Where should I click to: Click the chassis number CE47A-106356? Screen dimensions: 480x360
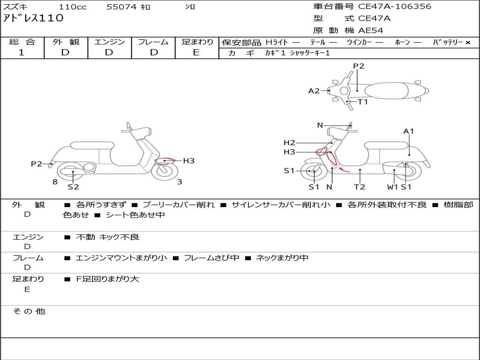click(395, 7)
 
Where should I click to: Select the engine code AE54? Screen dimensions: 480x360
click(371, 30)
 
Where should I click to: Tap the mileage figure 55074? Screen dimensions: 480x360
click(121, 7)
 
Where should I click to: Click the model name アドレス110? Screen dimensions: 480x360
click(33, 18)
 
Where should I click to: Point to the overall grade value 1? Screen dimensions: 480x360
click(22, 52)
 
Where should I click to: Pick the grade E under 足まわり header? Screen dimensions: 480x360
click(196, 52)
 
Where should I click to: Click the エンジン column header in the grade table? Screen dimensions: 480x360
click(109, 42)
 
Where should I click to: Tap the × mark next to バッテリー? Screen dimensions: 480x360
click(468, 43)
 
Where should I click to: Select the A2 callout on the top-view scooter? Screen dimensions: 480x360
click(314, 91)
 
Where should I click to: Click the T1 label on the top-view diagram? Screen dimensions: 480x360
click(363, 102)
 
